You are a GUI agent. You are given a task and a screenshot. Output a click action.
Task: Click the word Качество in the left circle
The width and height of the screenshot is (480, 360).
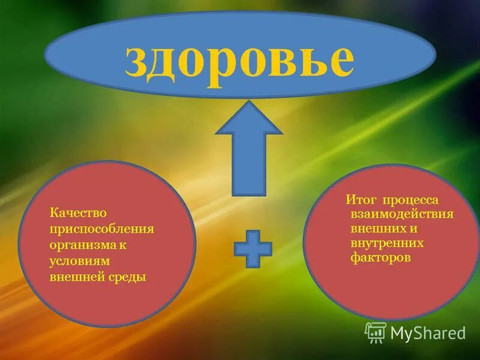tap(78, 214)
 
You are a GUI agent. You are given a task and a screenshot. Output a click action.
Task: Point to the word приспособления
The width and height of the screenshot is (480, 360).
tap(103, 230)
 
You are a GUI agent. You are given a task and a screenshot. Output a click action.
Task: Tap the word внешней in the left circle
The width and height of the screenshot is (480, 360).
tap(75, 277)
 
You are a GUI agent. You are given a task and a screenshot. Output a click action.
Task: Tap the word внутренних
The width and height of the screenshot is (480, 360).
tap(387, 243)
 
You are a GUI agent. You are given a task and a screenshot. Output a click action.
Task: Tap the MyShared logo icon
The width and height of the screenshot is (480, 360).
tap(376, 332)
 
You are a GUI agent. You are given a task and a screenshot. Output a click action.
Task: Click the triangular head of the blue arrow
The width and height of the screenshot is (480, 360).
tap(248, 120)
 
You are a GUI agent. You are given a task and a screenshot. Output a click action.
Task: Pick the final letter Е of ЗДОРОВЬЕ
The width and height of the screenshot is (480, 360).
tap(340, 60)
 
